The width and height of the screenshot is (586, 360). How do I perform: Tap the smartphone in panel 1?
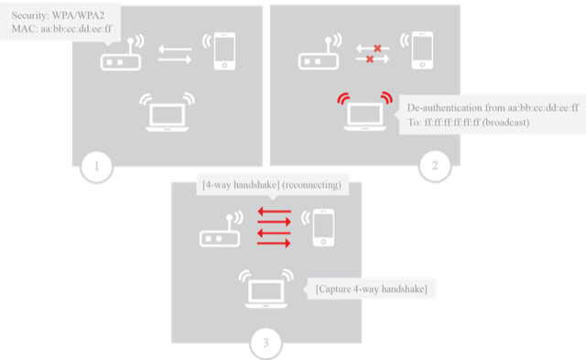(223, 52)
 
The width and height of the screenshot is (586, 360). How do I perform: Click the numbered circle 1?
(96, 168)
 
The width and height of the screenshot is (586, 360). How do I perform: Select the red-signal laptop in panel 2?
(364, 113)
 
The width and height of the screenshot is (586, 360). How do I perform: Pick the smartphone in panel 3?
(321, 229)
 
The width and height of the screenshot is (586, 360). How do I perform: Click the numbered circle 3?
(266, 344)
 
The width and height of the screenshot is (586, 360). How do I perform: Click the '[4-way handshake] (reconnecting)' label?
(271, 185)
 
